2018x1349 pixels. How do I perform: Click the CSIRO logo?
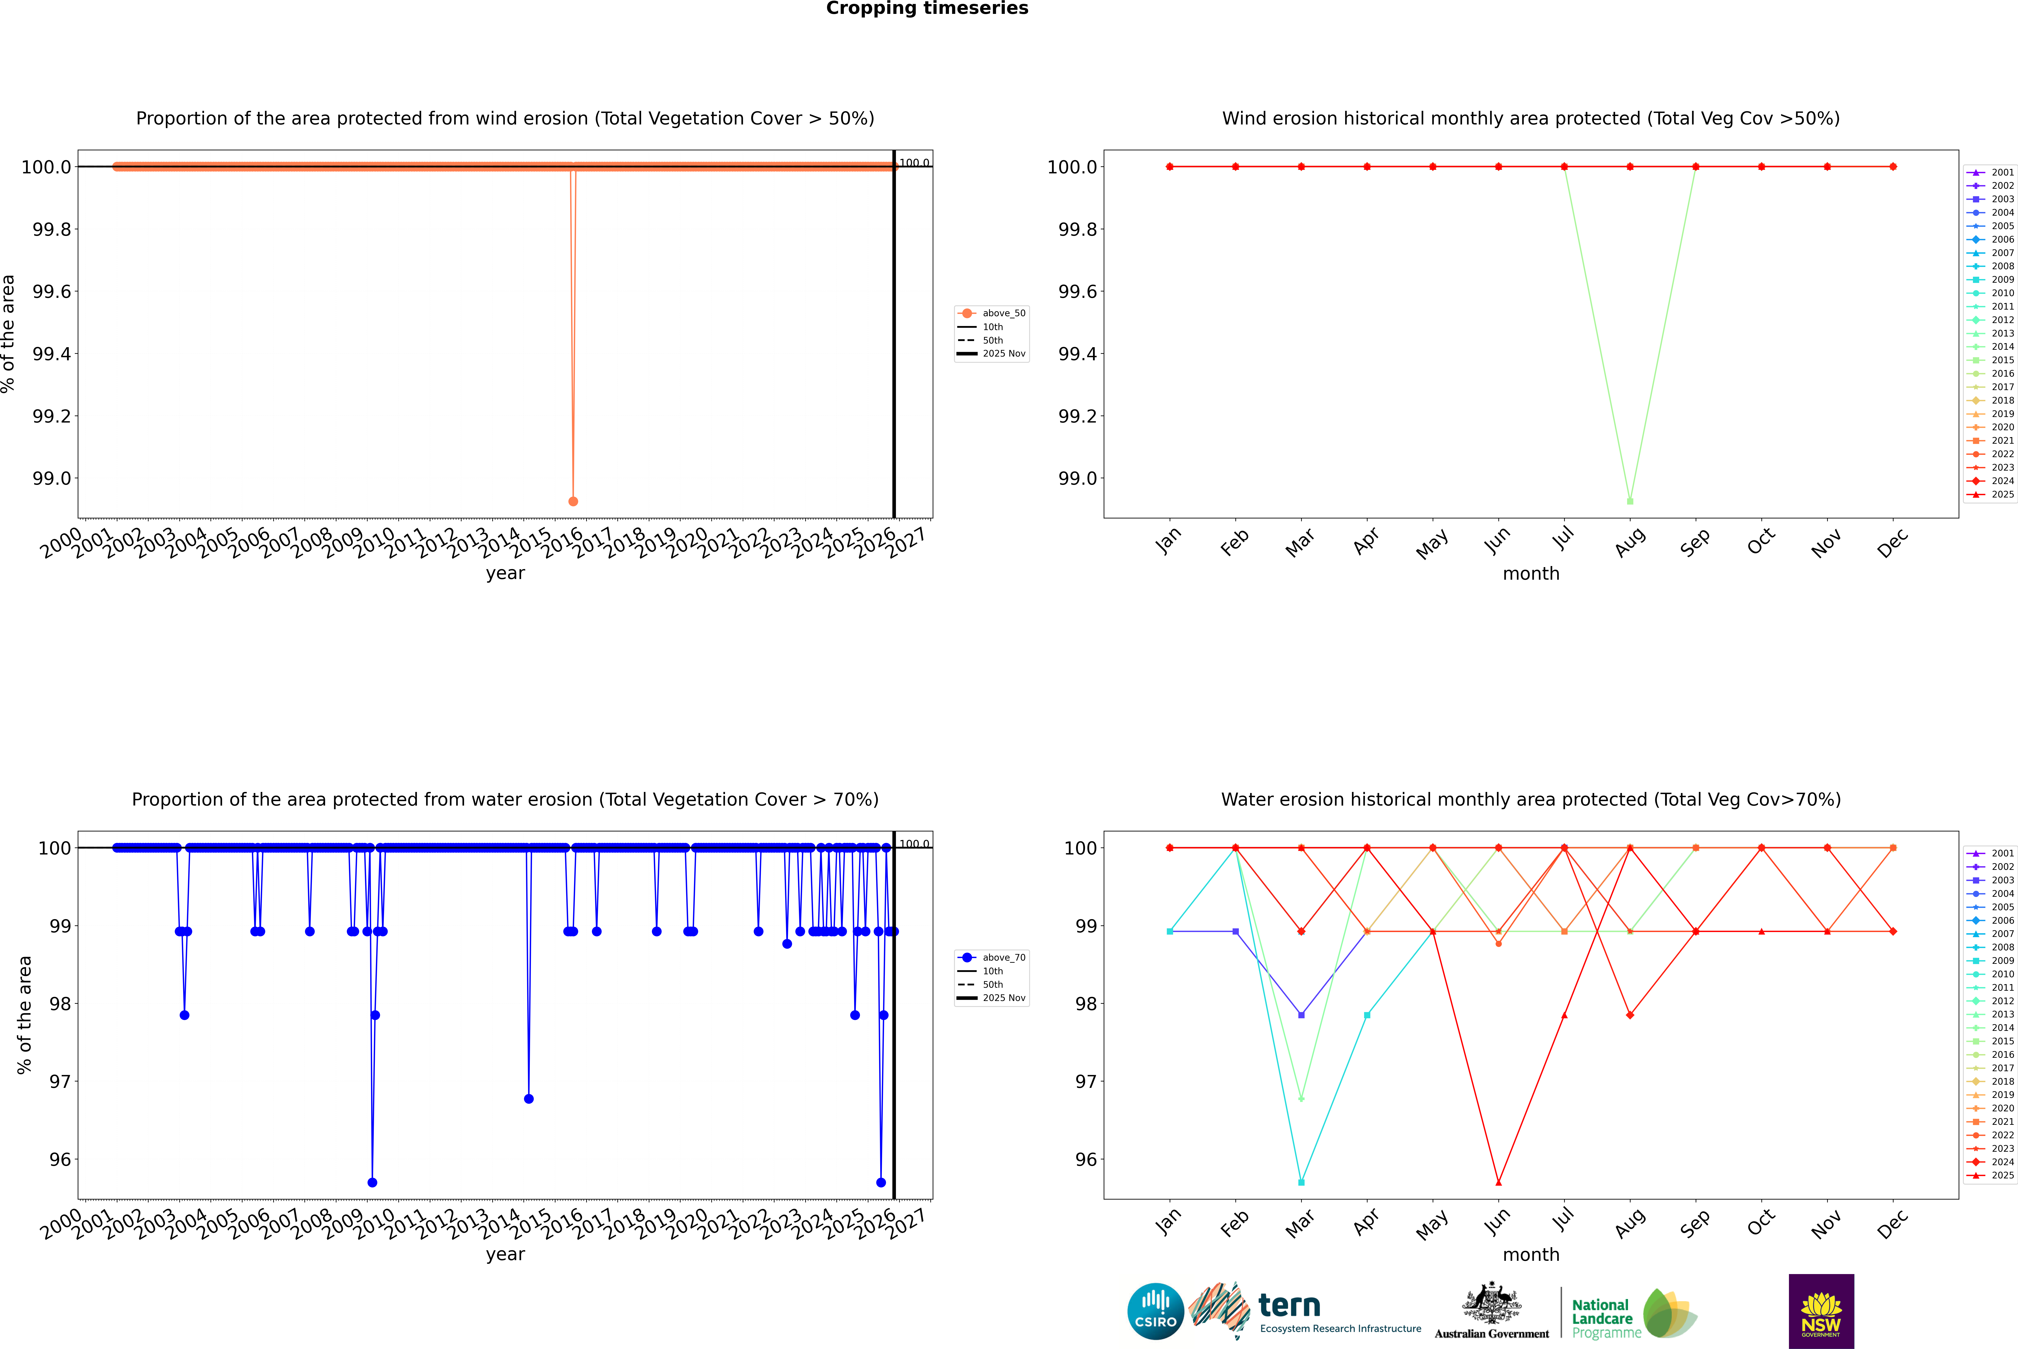click(x=1155, y=1311)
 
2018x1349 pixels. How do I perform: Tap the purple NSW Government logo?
click(x=1821, y=1311)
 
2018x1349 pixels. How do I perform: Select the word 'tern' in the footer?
click(x=1289, y=1305)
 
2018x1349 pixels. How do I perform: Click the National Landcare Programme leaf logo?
click(x=1669, y=1314)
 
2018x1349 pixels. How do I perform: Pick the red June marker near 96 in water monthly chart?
click(x=1498, y=1182)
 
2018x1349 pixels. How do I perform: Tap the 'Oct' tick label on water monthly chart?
click(x=1761, y=1222)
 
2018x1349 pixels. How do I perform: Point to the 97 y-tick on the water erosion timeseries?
click(x=60, y=1081)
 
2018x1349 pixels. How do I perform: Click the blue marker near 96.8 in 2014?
click(x=528, y=1099)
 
